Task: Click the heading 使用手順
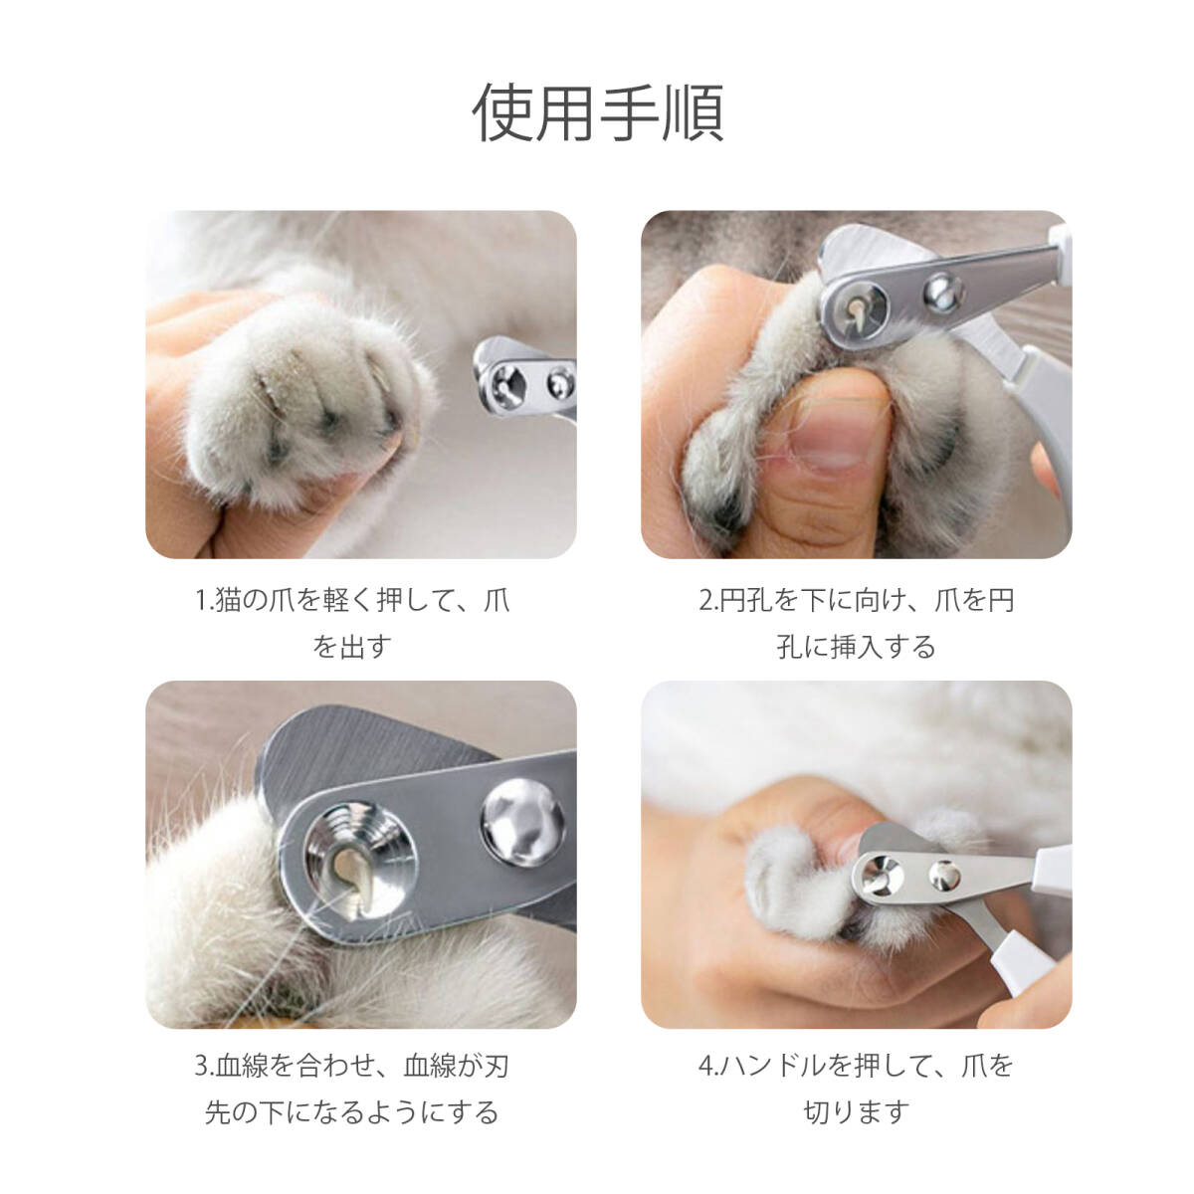(599, 112)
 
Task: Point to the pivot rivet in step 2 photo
(943, 293)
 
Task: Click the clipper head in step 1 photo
(524, 377)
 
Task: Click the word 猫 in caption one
(228, 600)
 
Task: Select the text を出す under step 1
(352, 648)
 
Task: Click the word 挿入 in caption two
(857, 648)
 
